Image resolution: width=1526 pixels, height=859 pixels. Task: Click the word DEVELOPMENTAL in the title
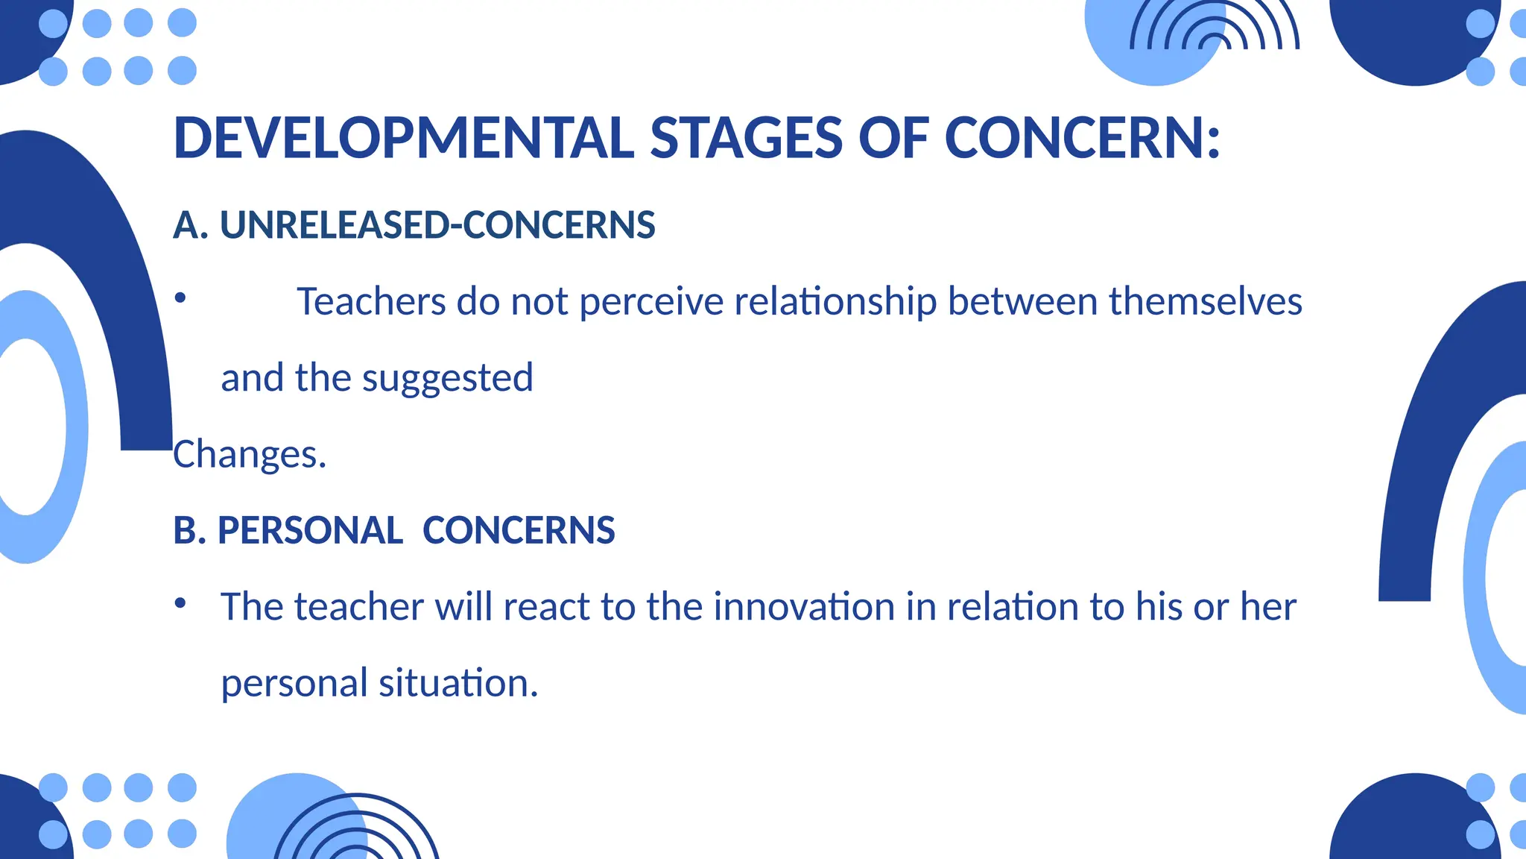(x=403, y=139)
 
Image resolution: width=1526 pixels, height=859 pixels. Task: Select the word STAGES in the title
(x=747, y=139)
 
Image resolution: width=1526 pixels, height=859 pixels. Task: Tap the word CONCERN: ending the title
(x=1083, y=139)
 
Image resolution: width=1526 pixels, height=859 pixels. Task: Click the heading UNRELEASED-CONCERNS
(x=437, y=225)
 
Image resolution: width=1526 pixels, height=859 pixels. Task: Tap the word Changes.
(x=250, y=454)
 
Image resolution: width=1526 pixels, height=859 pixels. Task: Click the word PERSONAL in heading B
(x=310, y=531)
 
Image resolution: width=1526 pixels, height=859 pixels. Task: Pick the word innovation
(x=804, y=606)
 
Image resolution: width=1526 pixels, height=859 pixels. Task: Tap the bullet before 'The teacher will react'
(x=180, y=602)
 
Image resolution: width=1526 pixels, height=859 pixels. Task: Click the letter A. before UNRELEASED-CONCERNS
(x=190, y=225)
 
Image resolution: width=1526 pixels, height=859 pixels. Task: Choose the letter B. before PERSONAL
(x=189, y=531)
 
